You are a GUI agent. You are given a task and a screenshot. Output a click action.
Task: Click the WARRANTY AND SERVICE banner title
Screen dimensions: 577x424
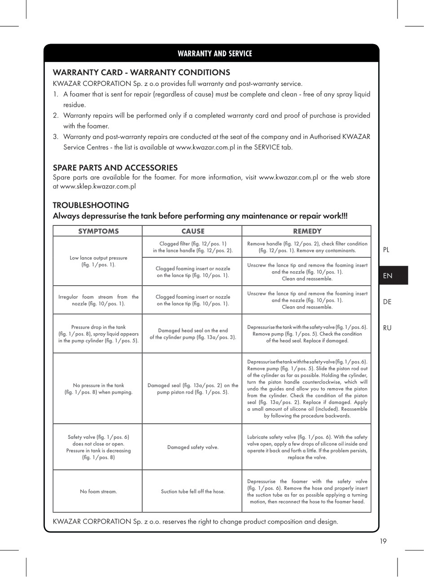215,54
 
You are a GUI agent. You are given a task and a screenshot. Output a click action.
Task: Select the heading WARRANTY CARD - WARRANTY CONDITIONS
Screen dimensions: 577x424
141,72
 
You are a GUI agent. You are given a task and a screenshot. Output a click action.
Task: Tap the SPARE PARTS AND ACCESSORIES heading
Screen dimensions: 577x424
115,168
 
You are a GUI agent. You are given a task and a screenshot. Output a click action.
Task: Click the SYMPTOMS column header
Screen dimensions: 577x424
98,231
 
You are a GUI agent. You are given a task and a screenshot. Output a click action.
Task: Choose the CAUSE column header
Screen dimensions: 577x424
193,231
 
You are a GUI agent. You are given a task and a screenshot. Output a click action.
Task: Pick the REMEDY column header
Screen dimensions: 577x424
307,231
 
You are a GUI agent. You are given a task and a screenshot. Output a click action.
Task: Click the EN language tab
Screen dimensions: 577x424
388,276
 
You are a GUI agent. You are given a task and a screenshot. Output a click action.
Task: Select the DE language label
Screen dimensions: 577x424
387,302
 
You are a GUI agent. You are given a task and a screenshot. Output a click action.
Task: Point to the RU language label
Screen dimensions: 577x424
387,328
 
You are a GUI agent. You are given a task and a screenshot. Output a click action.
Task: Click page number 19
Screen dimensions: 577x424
383,541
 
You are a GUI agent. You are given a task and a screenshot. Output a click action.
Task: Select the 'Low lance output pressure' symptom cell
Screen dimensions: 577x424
98,261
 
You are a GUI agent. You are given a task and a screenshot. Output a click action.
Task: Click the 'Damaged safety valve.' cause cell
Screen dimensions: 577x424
193,447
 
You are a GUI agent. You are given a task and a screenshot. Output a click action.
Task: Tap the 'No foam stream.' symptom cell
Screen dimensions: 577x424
98,492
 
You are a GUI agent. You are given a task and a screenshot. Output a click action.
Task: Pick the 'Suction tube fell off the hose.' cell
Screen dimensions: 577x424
193,492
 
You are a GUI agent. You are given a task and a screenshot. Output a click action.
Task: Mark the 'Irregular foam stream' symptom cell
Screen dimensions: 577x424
98,300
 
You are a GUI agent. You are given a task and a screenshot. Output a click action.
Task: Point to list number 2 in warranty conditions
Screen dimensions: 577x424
56,116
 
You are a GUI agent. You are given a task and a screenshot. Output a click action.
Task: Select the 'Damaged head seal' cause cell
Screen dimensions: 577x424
193,334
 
